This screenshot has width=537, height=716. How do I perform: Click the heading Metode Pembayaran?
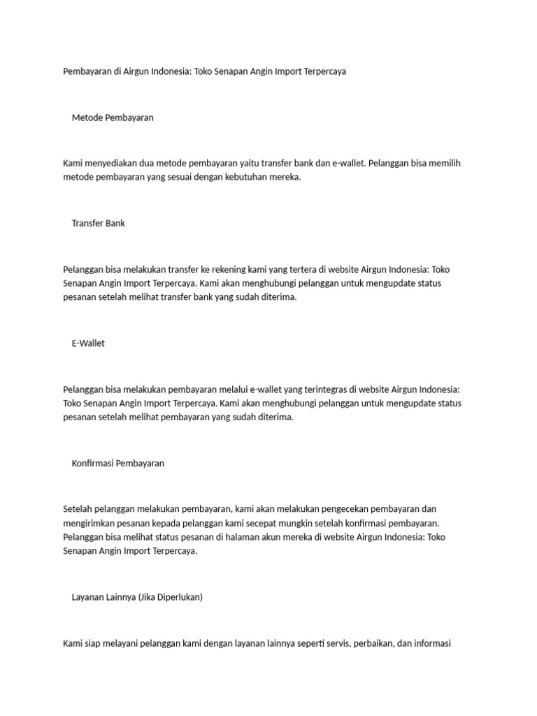[113, 117]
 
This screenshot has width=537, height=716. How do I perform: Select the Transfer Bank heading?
[98, 223]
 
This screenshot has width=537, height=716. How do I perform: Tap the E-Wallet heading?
[88, 343]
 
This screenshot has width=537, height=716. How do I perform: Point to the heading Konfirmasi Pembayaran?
[117, 463]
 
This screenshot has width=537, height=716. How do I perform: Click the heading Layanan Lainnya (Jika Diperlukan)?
[137, 597]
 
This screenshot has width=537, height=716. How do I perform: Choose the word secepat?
[255, 523]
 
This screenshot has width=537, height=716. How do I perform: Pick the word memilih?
[443, 163]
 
